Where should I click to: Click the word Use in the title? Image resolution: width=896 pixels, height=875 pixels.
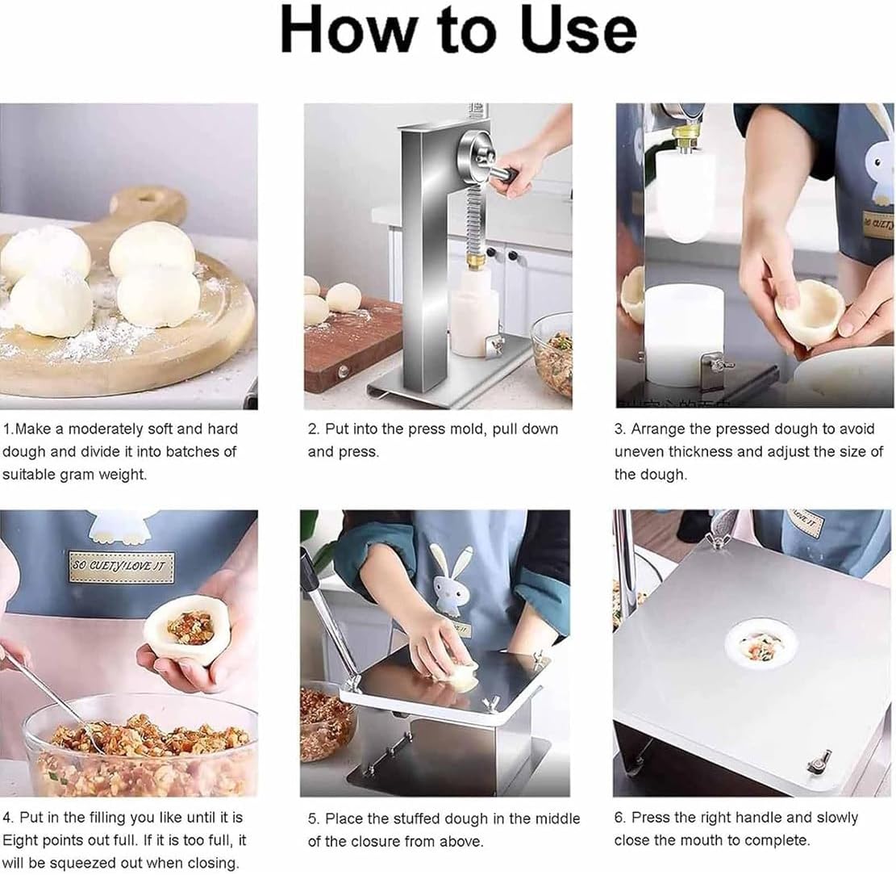[x=579, y=31]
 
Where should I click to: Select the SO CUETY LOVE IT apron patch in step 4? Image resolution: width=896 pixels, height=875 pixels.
[x=121, y=567]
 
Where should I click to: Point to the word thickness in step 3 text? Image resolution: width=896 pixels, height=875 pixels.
[x=700, y=452]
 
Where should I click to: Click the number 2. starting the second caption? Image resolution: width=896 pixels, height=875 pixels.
[x=313, y=429]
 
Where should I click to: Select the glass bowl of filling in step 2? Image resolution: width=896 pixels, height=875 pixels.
[x=552, y=355]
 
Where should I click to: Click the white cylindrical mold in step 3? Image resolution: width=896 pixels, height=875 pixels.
[x=685, y=334]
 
